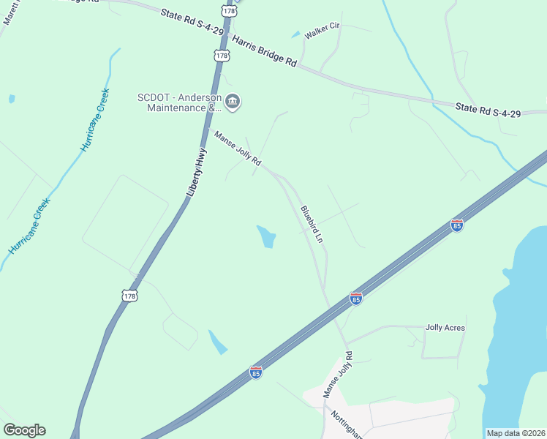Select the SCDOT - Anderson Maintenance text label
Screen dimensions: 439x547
(179, 102)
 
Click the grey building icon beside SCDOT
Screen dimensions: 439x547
(233, 102)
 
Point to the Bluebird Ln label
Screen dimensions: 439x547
(312, 224)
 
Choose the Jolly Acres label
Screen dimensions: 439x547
(445, 328)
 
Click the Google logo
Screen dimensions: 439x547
(24, 430)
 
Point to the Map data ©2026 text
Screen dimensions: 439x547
(516, 432)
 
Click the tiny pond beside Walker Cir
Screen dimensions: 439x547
(295, 34)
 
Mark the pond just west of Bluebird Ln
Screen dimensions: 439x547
(267, 236)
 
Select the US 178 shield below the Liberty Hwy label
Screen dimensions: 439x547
(130, 296)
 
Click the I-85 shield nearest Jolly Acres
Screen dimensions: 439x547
(356, 299)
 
